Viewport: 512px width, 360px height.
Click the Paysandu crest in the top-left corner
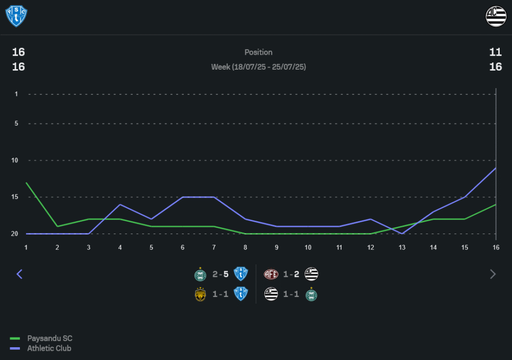[x=16, y=16]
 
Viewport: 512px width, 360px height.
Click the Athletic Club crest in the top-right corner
[x=496, y=16]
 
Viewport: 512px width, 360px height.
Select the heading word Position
[x=259, y=52]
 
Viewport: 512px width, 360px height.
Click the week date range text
[x=259, y=67]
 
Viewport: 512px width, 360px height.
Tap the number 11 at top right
[x=495, y=52]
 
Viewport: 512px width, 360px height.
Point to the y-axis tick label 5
[x=16, y=123]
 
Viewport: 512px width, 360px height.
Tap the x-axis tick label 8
[x=245, y=247]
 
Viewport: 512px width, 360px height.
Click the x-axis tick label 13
[x=402, y=247]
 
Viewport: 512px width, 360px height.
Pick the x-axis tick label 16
[x=496, y=247]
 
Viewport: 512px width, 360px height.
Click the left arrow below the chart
[x=19, y=274]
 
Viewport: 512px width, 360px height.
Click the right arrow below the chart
[x=493, y=274]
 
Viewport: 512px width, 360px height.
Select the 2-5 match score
[x=221, y=274]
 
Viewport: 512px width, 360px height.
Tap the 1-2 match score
[x=291, y=274]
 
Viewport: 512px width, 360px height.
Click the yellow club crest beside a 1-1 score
[x=201, y=294]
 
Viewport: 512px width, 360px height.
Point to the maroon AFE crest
[x=271, y=274]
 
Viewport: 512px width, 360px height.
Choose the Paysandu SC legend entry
[x=50, y=338]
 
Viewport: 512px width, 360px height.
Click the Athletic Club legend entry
[x=49, y=348]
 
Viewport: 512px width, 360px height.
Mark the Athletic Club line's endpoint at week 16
[x=496, y=168]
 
